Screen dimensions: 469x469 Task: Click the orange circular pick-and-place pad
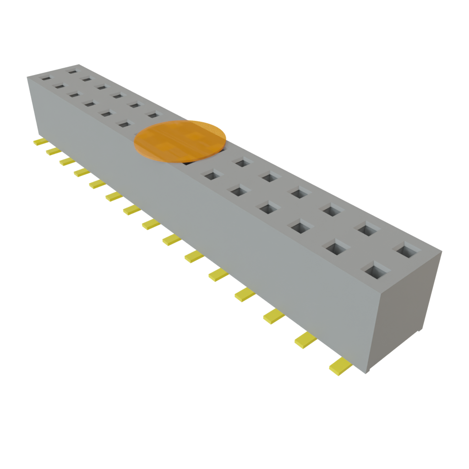(180, 141)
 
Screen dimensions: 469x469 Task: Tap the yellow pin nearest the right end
(339, 365)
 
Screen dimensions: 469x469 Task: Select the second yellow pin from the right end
(305, 339)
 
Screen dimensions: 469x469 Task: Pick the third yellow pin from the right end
(273, 316)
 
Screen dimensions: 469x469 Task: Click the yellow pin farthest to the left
(38, 142)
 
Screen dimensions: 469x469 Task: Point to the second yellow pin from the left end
(53, 151)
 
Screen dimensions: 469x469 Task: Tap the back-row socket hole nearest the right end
(407, 251)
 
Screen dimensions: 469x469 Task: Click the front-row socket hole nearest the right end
(375, 270)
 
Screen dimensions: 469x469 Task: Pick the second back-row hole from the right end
(370, 229)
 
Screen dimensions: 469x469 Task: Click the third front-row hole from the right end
(300, 226)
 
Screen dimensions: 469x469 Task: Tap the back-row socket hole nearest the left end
(73, 71)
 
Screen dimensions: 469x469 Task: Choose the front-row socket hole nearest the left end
(46, 78)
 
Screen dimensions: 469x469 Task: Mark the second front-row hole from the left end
(60, 85)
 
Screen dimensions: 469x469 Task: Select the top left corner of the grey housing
(27, 77)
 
